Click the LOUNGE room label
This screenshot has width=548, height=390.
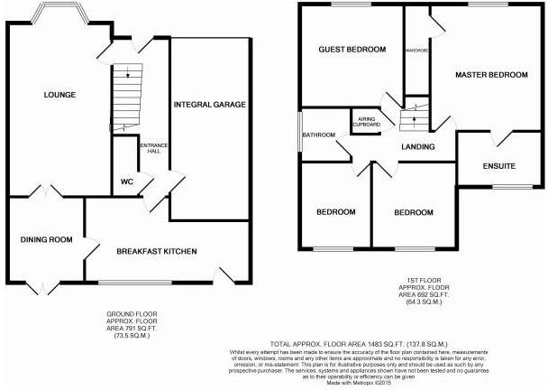(55, 94)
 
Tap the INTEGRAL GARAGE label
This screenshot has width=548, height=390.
(209, 105)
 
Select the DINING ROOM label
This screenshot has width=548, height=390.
(46, 239)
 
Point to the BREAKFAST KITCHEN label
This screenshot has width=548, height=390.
(157, 250)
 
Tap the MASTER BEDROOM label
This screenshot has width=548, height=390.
(491, 75)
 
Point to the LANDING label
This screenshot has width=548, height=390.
(418, 146)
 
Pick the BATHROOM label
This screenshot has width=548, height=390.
(318, 135)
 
